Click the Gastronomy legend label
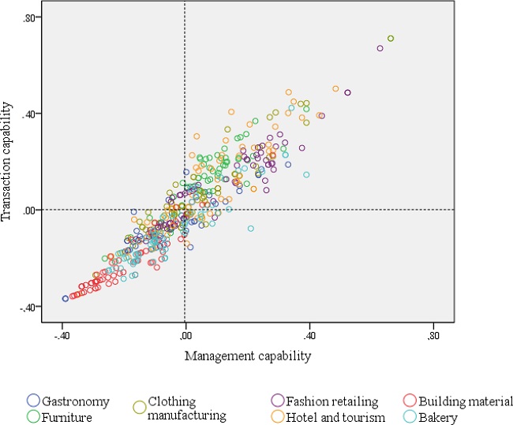tap(77, 401)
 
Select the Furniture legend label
tap(69, 416)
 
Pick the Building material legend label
tap(466, 401)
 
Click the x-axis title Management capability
tap(248, 356)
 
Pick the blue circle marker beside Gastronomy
tap(33, 401)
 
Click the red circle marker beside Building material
tap(408, 401)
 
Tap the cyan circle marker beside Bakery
tap(408, 416)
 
